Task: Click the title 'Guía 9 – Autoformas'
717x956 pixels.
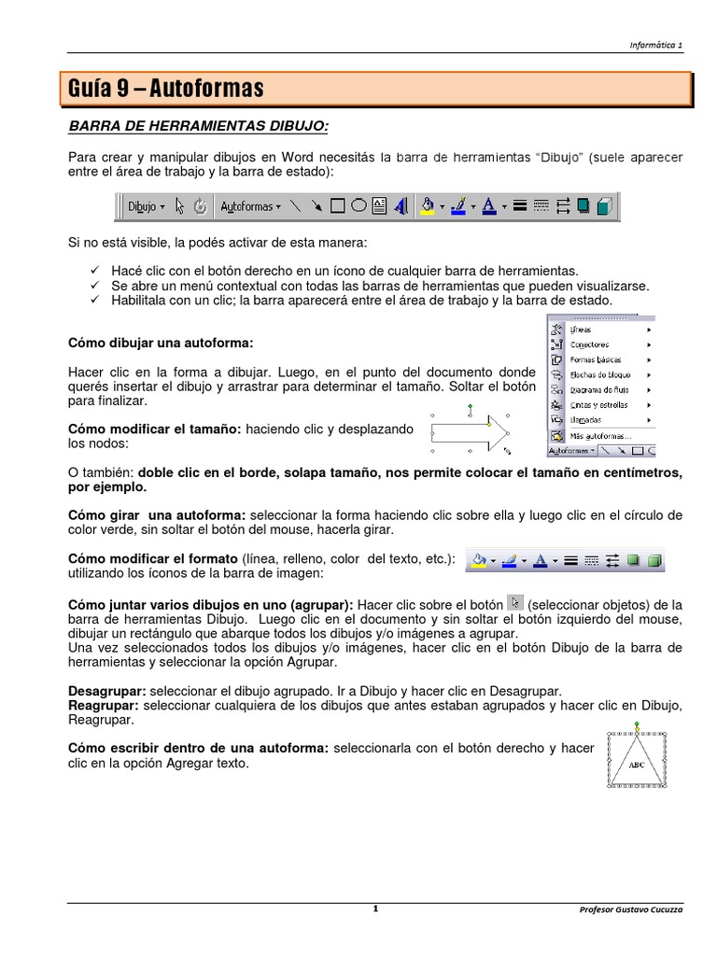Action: coord(166,90)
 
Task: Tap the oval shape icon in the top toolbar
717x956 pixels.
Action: coord(358,206)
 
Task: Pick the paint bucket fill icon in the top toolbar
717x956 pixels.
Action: coord(428,206)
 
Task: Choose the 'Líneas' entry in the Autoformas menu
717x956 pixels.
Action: coord(582,330)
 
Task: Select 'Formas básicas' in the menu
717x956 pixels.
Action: coord(596,359)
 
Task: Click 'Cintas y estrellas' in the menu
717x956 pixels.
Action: coord(599,405)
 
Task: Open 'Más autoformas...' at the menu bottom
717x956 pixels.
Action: coord(601,435)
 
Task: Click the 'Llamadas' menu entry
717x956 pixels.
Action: coord(585,420)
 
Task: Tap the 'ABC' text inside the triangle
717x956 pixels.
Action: coord(637,765)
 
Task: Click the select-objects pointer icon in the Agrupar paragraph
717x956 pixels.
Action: coord(514,602)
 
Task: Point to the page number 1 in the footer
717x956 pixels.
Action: coord(374,908)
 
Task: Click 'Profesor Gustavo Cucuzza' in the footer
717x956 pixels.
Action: coord(631,909)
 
